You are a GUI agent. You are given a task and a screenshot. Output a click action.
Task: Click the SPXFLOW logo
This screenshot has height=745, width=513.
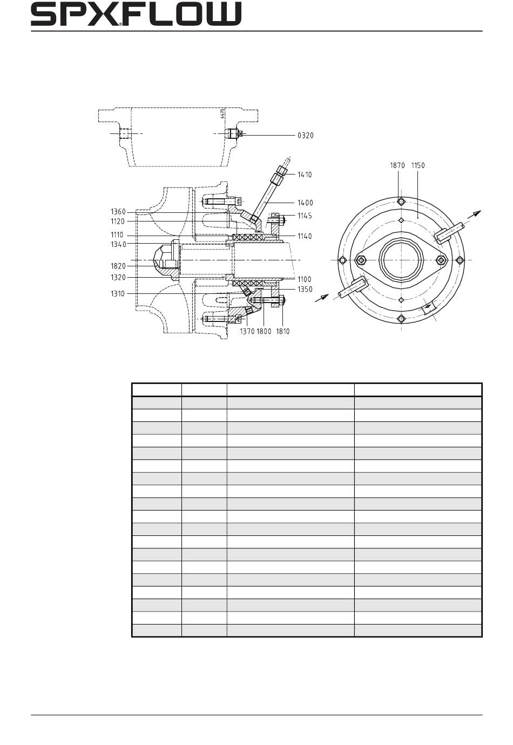pyautogui.click(x=136, y=14)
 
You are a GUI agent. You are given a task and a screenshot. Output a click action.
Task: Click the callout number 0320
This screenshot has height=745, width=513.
pyautogui.click(x=306, y=136)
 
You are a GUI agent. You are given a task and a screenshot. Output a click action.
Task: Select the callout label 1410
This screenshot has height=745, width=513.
pyautogui.click(x=305, y=174)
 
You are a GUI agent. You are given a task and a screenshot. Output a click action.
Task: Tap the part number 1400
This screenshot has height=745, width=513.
pyautogui.click(x=305, y=203)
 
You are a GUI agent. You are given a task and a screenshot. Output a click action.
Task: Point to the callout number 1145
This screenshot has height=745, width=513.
pyautogui.click(x=305, y=216)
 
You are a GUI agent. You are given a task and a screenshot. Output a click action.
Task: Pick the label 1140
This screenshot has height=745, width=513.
pyautogui.click(x=305, y=237)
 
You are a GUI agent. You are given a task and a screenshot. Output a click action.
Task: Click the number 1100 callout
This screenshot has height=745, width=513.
pyautogui.click(x=305, y=279)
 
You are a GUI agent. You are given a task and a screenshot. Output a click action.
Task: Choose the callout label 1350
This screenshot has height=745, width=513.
pyautogui.click(x=305, y=290)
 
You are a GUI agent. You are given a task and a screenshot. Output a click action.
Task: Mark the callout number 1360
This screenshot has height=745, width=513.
pyautogui.click(x=118, y=212)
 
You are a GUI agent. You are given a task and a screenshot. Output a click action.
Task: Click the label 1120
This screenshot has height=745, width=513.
pyautogui.click(x=118, y=222)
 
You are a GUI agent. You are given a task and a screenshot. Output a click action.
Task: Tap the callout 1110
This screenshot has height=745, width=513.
pyautogui.click(x=117, y=235)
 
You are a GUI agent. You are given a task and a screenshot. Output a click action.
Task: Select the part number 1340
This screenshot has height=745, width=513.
pyautogui.click(x=118, y=244)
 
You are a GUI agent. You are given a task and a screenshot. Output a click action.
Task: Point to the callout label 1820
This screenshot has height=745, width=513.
pyautogui.click(x=118, y=266)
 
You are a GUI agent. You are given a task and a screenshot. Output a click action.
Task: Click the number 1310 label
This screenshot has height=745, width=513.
pyautogui.click(x=118, y=294)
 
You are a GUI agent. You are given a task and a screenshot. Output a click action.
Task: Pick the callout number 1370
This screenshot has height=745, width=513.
pyautogui.click(x=247, y=332)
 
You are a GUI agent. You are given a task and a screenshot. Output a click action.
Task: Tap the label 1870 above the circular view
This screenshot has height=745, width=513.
pyautogui.click(x=397, y=165)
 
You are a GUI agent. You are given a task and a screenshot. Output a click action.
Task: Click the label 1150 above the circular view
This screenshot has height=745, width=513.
pyautogui.click(x=418, y=165)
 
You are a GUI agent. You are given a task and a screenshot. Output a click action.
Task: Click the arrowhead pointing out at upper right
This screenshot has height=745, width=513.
pyautogui.click(x=477, y=213)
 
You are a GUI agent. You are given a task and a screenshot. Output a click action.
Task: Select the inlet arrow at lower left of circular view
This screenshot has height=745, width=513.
pyautogui.click(x=321, y=298)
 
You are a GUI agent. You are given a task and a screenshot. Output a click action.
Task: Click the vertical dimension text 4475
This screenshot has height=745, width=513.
pyautogui.click(x=222, y=113)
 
